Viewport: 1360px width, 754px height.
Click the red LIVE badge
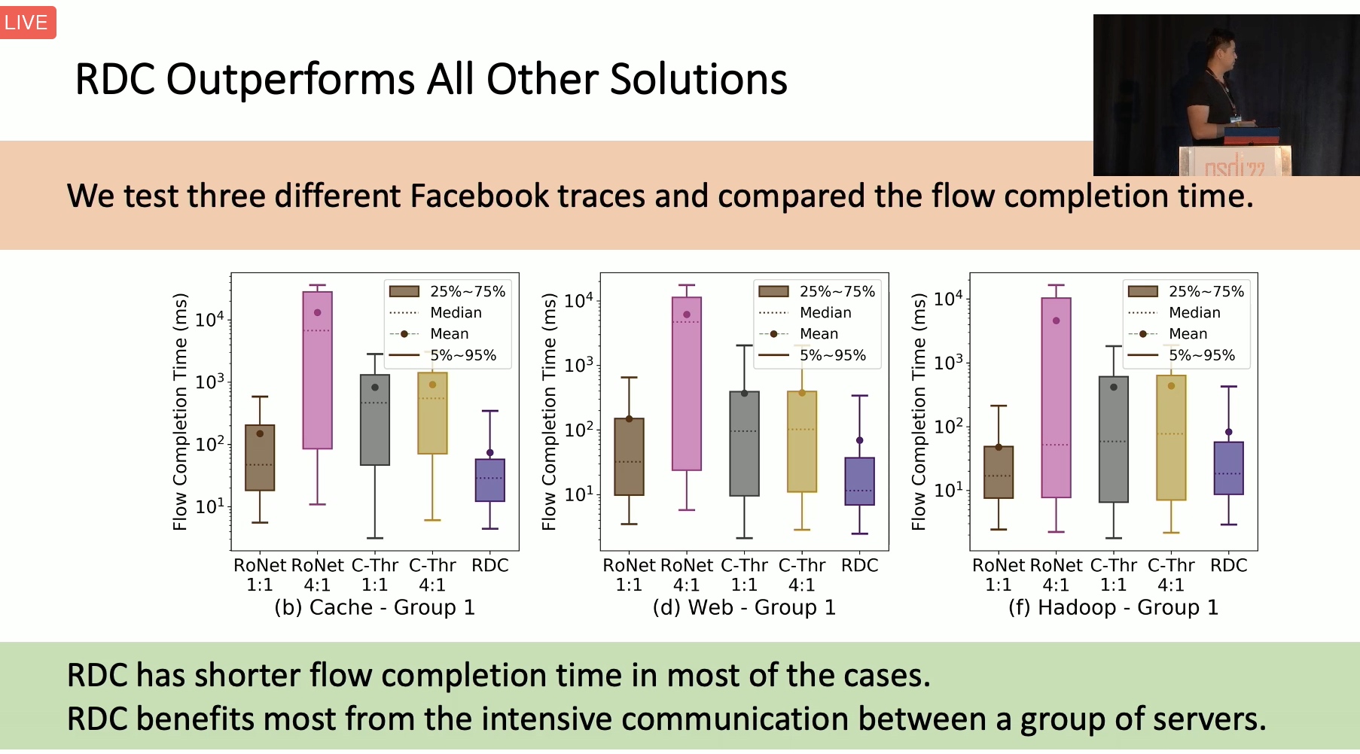pos(27,23)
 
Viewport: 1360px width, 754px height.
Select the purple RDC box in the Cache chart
pos(490,480)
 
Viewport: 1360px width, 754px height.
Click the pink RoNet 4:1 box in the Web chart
pos(687,384)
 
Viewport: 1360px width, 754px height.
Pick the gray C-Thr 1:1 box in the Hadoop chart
pos(1114,439)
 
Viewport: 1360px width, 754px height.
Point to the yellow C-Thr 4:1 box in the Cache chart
pos(432,413)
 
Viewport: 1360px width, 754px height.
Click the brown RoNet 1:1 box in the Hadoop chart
pos(999,473)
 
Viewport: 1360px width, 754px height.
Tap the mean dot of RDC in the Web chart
pos(860,440)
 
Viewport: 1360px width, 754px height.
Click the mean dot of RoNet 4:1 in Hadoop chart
pos(1057,321)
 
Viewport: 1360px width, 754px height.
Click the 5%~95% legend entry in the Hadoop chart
pos(1182,355)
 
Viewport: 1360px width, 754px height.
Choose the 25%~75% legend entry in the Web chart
pos(817,291)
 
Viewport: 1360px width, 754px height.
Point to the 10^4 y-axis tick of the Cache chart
pos(210,319)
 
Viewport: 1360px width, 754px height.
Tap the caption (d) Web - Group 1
pos(744,607)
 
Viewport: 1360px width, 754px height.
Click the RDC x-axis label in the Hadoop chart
pos(1229,565)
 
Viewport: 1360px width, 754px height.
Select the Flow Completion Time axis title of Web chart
pos(549,412)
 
